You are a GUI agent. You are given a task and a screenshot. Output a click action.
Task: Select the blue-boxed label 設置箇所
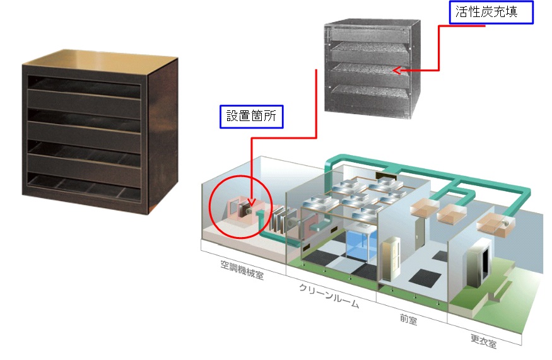click(x=251, y=117)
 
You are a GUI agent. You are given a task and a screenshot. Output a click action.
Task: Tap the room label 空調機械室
click(x=242, y=270)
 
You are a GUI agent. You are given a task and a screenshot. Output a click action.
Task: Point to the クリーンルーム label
click(x=329, y=296)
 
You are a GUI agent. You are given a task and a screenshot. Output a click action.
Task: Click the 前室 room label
click(x=408, y=319)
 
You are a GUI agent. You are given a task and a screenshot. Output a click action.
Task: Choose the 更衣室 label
click(x=484, y=340)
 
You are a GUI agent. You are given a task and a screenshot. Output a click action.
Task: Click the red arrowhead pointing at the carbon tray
click(x=396, y=71)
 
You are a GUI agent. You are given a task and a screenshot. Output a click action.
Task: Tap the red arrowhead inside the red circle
click(x=251, y=202)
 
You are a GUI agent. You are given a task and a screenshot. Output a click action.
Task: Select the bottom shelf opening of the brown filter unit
click(x=84, y=185)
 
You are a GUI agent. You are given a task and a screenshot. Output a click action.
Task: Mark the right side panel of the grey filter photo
click(x=414, y=69)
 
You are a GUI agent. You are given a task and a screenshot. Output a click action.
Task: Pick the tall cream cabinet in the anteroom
click(x=391, y=258)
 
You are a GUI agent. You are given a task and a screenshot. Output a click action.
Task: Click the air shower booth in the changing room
click(x=478, y=264)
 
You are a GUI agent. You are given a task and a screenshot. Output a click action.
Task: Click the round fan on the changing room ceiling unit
click(x=507, y=223)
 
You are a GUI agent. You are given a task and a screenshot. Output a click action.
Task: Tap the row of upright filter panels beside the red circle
click(x=278, y=220)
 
